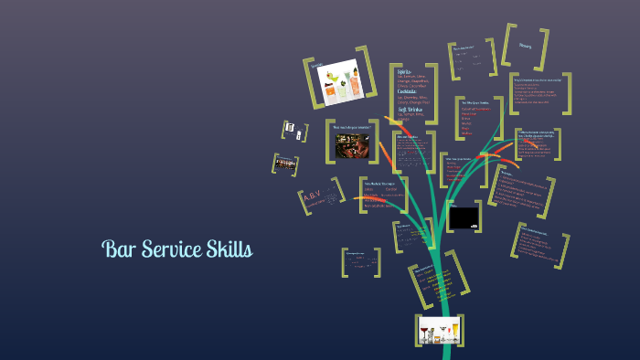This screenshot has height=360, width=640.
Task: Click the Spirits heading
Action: pos(403,70)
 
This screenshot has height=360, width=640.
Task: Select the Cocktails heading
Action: pos(408,91)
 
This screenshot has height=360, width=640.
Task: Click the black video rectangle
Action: pos(464,217)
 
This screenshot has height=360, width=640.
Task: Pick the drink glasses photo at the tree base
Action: pos(437,330)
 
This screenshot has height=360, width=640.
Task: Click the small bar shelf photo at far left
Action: pos(286,164)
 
